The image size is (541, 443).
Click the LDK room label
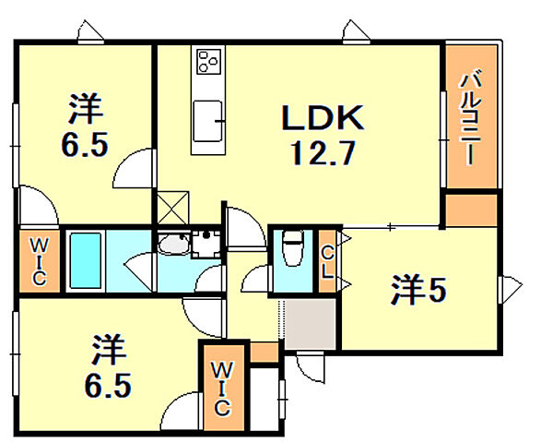coord(323,118)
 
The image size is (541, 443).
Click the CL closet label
coord(327,263)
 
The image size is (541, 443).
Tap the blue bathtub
coord(85,262)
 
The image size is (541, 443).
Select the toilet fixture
coord(293,247)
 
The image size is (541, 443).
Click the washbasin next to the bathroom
coord(171,245)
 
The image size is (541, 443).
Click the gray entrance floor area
coord(310,324)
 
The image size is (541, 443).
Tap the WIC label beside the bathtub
coord(38,261)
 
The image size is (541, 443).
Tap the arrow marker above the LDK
coord(356,32)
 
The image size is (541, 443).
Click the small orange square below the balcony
coord(470,210)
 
